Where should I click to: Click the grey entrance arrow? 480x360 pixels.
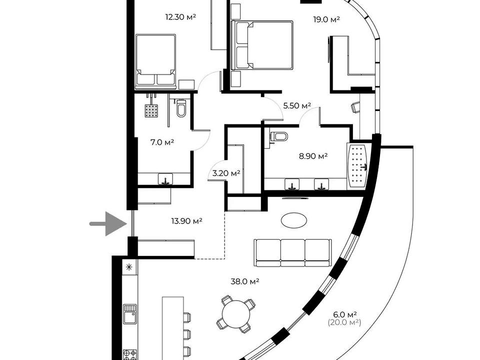point(108,224)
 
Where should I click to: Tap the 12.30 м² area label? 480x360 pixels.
point(180,17)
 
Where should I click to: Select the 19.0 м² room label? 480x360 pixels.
point(326,19)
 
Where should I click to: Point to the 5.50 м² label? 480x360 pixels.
point(297,106)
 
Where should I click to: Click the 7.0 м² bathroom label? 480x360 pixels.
point(162,142)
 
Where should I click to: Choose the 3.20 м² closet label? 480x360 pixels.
point(226,173)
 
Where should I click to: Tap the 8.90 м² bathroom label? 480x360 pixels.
point(313,156)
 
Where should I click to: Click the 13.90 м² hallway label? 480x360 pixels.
point(186,220)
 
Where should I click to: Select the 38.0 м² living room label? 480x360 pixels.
point(245,281)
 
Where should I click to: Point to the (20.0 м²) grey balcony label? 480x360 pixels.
point(344,322)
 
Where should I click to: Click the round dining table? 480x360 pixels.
point(236,314)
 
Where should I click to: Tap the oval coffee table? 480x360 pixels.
point(294,220)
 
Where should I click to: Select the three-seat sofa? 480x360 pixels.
point(292,253)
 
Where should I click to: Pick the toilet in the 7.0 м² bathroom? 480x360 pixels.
point(181,108)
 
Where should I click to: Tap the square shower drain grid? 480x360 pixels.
point(151,110)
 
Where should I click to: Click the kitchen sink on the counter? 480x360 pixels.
point(130,314)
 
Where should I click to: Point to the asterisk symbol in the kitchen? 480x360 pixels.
point(129,267)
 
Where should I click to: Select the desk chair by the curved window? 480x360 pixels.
point(355,107)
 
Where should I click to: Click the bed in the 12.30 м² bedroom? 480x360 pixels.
point(156,61)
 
